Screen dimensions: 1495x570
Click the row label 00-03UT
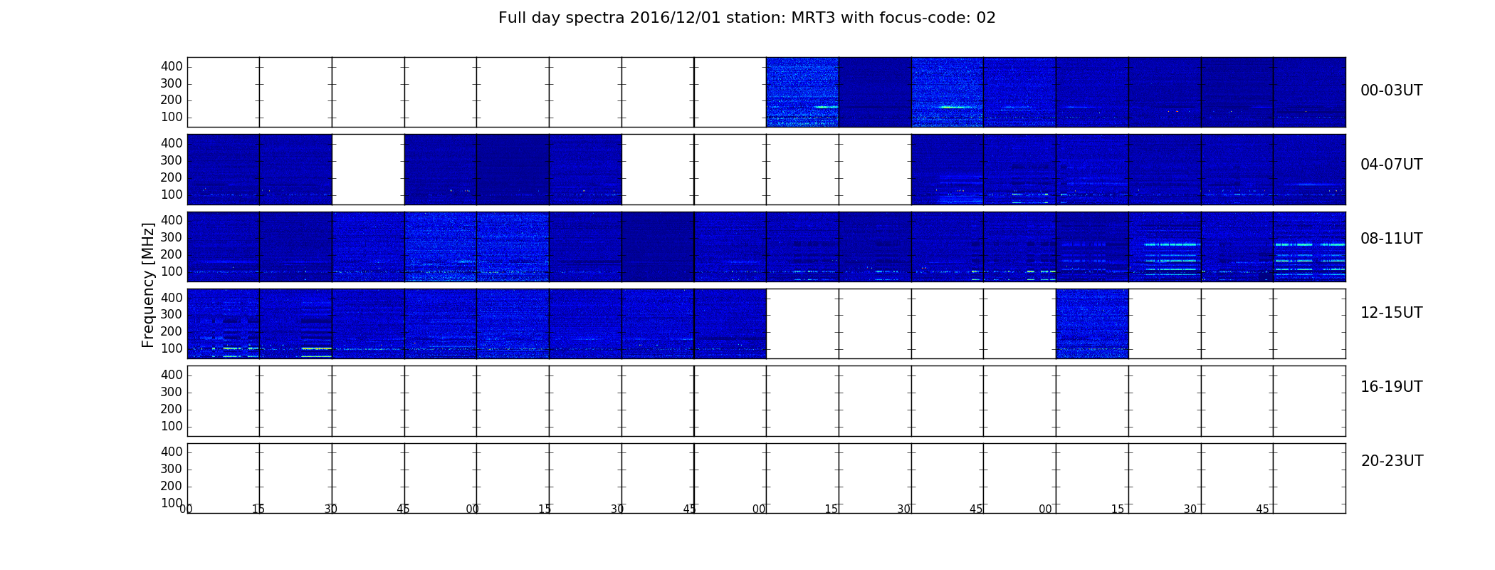(1391, 90)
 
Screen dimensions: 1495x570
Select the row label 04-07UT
(1391, 165)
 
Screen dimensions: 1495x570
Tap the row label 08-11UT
(1391, 239)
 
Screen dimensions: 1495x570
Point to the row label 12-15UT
(1391, 313)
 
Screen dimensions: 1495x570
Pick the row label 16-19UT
(1391, 387)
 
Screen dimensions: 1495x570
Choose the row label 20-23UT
(1392, 461)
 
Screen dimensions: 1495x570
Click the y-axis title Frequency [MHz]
(148, 285)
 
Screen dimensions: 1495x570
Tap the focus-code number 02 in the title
(986, 18)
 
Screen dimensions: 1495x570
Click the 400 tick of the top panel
(172, 66)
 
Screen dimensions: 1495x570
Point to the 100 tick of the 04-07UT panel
(172, 195)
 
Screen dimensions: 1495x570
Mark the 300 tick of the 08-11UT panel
(172, 237)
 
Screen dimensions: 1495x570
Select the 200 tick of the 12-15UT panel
(172, 331)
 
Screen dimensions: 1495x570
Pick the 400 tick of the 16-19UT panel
(172, 375)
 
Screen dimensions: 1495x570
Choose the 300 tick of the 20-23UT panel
(172, 469)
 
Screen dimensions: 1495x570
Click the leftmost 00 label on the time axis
(186, 509)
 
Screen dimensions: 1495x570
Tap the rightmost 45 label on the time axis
(1262, 509)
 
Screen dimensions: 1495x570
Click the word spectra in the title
(594, 19)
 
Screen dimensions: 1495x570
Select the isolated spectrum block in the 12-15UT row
(1092, 323)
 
